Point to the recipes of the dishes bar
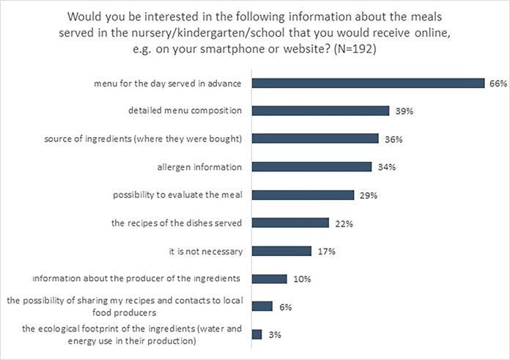(289, 223)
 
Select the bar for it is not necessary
(281, 251)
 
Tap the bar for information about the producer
(268, 279)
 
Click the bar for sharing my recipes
(262, 306)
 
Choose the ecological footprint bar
(256, 334)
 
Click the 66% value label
(498, 84)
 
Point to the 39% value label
(402, 111)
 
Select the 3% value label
(274, 335)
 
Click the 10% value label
(301, 279)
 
